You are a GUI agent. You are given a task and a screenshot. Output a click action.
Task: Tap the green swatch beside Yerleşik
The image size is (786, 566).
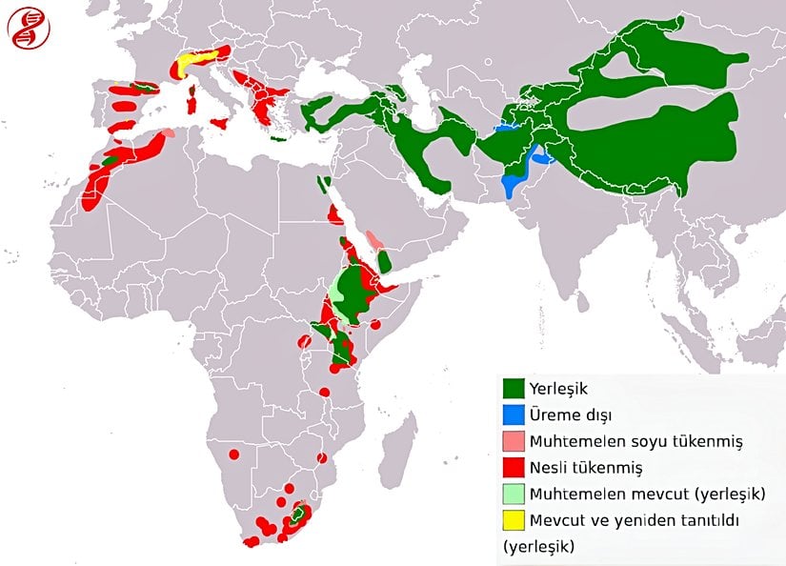point(514,390)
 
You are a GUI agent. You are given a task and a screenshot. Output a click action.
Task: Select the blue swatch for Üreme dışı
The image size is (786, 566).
point(514,415)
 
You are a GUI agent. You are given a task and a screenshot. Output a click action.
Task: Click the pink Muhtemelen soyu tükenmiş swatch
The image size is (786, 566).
point(514,442)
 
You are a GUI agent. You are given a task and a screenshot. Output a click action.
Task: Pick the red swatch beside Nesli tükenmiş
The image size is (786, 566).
point(514,468)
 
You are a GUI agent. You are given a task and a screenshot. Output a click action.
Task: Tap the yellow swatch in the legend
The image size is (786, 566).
point(514,520)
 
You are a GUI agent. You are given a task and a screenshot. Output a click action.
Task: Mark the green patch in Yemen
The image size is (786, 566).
point(384,260)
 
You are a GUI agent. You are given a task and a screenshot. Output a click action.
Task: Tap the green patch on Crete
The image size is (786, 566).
point(278,139)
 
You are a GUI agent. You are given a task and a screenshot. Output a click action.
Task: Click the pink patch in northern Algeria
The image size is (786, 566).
point(168,133)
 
